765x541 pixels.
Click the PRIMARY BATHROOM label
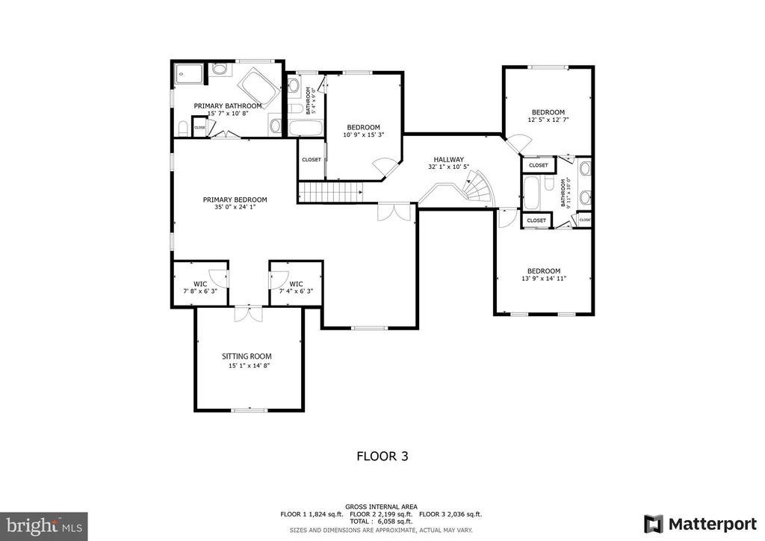228,106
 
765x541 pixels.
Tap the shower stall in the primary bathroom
190,75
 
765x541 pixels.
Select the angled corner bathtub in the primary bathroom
257,86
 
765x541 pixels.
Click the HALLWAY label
446,159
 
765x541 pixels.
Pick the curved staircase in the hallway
478,191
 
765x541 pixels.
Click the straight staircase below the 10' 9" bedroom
329,194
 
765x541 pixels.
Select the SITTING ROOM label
247,356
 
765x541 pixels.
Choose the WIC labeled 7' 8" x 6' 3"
199,288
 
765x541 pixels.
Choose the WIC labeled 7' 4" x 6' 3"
296,288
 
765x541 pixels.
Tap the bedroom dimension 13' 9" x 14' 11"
543,280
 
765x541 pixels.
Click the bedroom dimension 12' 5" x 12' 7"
548,120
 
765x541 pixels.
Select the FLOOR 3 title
382,455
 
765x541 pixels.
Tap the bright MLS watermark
44,526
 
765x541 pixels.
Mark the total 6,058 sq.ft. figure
382,522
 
